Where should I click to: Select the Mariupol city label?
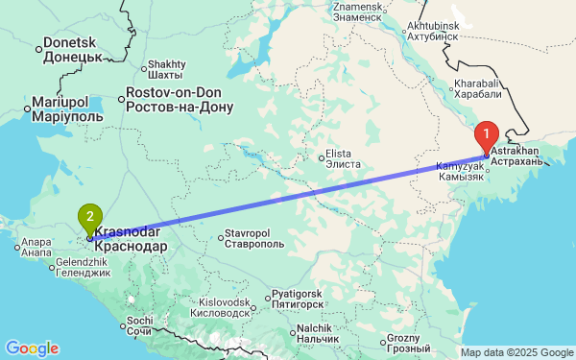60,108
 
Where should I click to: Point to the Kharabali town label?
478,89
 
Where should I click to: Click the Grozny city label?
403,343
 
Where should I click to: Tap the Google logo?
32,348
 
